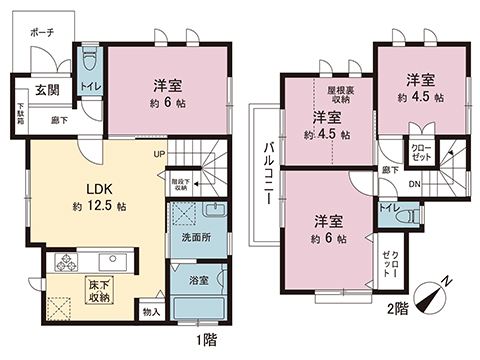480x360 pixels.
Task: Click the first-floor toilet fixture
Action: pyautogui.click(x=88, y=56)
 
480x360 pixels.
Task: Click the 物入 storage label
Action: pyautogui.click(x=150, y=311)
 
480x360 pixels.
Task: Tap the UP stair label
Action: pyautogui.click(x=159, y=154)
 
